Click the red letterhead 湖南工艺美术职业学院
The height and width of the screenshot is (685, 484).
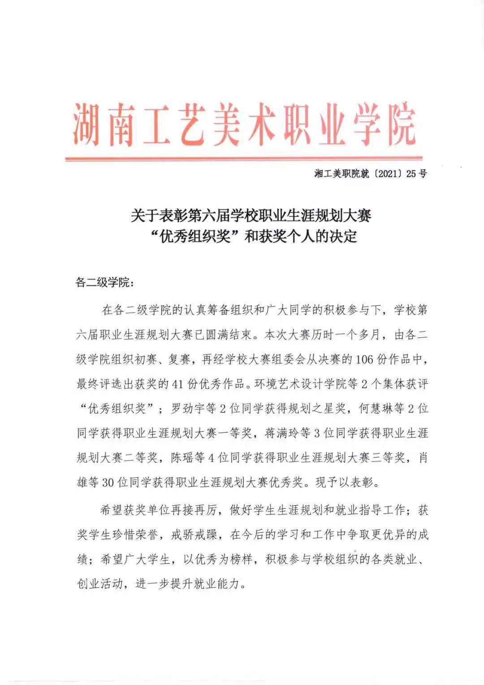pos(244,125)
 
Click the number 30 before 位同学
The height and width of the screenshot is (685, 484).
pos(108,482)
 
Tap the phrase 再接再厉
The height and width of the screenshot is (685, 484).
pos(194,510)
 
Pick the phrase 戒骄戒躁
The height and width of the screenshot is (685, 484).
pos(194,534)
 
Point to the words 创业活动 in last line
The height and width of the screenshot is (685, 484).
pos(99,584)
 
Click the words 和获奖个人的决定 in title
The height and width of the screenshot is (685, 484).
pos(301,236)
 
